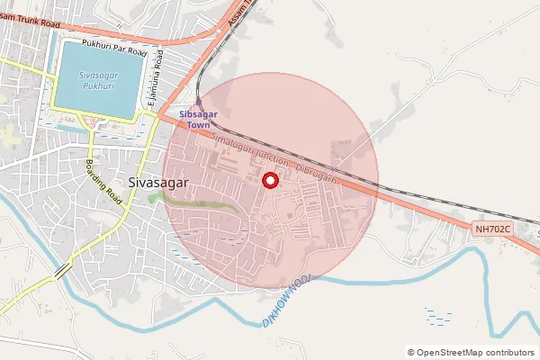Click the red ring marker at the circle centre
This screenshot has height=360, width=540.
[269, 181]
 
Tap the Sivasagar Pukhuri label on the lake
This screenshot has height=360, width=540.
[96, 80]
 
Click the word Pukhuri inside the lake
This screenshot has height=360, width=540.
[97, 86]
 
